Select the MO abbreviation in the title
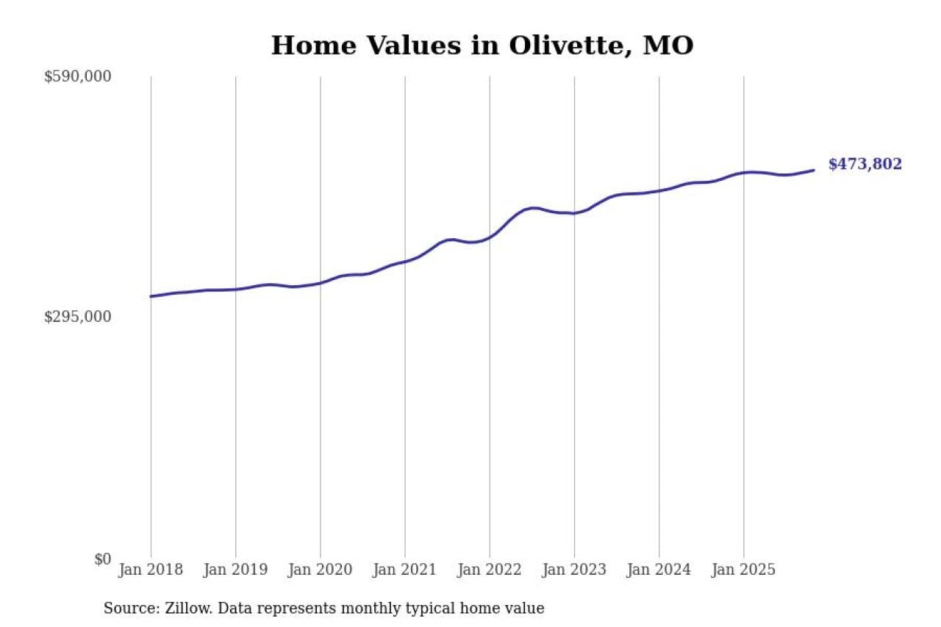(668, 46)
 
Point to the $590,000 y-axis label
(77, 76)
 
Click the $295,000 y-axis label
(77, 317)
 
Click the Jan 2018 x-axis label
(151, 570)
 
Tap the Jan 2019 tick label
(235, 570)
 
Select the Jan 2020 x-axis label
(320, 570)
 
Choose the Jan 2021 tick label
(404, 570)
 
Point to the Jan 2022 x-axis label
(489, 570)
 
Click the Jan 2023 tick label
(574, 570)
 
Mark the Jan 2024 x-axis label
(659, 570)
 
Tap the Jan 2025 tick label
(743, 570)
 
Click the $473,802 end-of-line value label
(865, 165)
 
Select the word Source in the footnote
(128, 609)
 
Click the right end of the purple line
(814, 170)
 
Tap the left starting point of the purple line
(151, 296)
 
